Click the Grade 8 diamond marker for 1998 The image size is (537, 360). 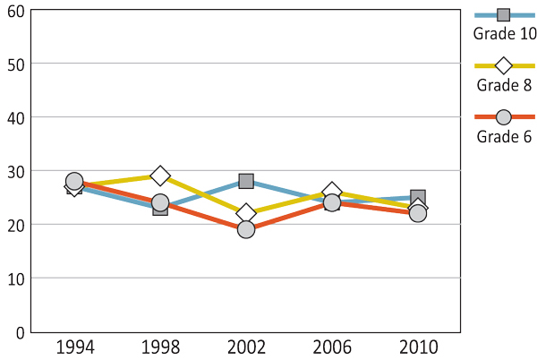[x=160, y=176]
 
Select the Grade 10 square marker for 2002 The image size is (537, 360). [x=246, y=181]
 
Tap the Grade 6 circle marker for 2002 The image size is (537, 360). [x=246, y=229]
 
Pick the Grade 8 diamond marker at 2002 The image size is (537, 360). [x=246, y=213]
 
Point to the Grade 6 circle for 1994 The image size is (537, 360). [x=74, y=181]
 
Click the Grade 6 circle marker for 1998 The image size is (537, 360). [x=160, y=202]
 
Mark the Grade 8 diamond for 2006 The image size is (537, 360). [x=332, y=192]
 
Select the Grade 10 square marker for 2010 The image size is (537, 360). [x=418, y=197]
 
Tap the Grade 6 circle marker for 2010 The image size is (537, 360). [x=418, y=213]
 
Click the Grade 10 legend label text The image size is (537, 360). [x=504, y=34]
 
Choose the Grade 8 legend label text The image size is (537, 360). [x=504, y=86]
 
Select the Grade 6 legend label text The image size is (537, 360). [x=504, y=137]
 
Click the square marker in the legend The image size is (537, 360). [x=504, y=14]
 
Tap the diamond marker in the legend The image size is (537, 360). [x=504, y=65]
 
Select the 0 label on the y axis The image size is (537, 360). [x=19, y=332]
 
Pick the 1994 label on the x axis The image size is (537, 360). [x=74, y=347]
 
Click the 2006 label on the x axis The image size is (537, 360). [x=332, y=347]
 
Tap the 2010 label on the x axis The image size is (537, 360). [x=418, y=347]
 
